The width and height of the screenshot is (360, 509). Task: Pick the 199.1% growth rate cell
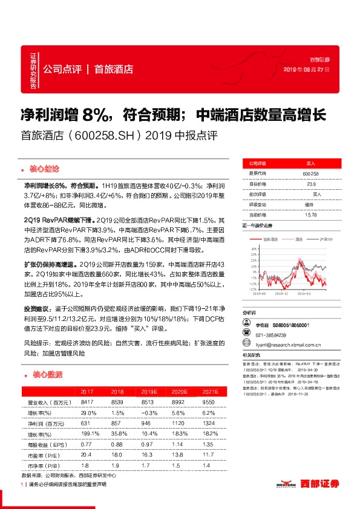pyautogui.click(x=88, y=434)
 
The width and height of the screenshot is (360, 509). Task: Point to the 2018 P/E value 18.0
pyautogui.click(x=117, y=456)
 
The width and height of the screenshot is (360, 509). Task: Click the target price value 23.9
pyautogui.click(x=311, y=184)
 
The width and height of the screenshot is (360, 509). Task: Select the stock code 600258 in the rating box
pyautogui.click(x=311, y=173)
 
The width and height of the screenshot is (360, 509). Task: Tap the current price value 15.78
pyautogui.click(x=311, y=215)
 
